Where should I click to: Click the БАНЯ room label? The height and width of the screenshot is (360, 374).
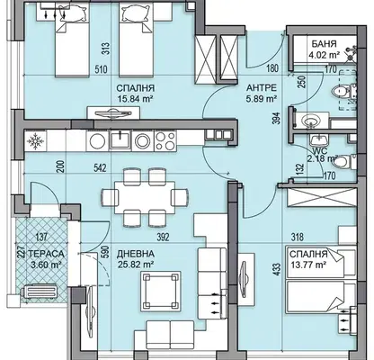324,44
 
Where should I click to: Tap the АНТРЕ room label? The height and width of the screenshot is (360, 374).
261,88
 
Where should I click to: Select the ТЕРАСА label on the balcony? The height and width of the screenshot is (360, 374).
46,254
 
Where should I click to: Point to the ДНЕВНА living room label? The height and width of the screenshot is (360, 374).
136,254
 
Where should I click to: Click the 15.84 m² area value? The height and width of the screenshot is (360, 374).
135,99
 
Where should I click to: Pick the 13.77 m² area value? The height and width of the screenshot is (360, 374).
308,265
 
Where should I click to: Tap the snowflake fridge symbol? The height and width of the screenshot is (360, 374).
35,140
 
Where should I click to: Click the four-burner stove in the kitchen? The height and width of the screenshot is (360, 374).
165,140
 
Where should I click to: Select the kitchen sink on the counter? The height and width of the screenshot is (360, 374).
120,140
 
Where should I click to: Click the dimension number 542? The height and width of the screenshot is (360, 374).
100,168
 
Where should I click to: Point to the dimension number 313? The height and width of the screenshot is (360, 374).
105,49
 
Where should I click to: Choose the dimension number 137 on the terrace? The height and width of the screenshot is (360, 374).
41,237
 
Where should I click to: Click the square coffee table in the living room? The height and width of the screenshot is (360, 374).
161,291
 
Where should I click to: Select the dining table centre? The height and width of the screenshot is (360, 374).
145,197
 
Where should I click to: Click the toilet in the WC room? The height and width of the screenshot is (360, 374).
344,162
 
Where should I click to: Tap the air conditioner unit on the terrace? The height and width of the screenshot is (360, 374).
40,292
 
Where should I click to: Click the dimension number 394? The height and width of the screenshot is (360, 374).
277,118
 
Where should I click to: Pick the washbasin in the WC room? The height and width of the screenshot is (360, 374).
319,140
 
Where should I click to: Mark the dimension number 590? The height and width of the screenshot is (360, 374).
105,252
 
